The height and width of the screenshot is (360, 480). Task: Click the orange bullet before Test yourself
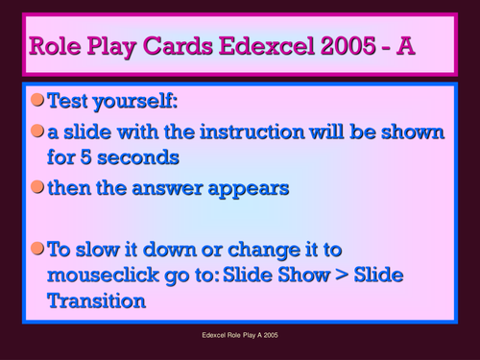coord(36,99)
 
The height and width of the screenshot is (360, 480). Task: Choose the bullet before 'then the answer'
coord(36,187)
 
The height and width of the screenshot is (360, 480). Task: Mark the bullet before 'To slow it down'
coord(36,249)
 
